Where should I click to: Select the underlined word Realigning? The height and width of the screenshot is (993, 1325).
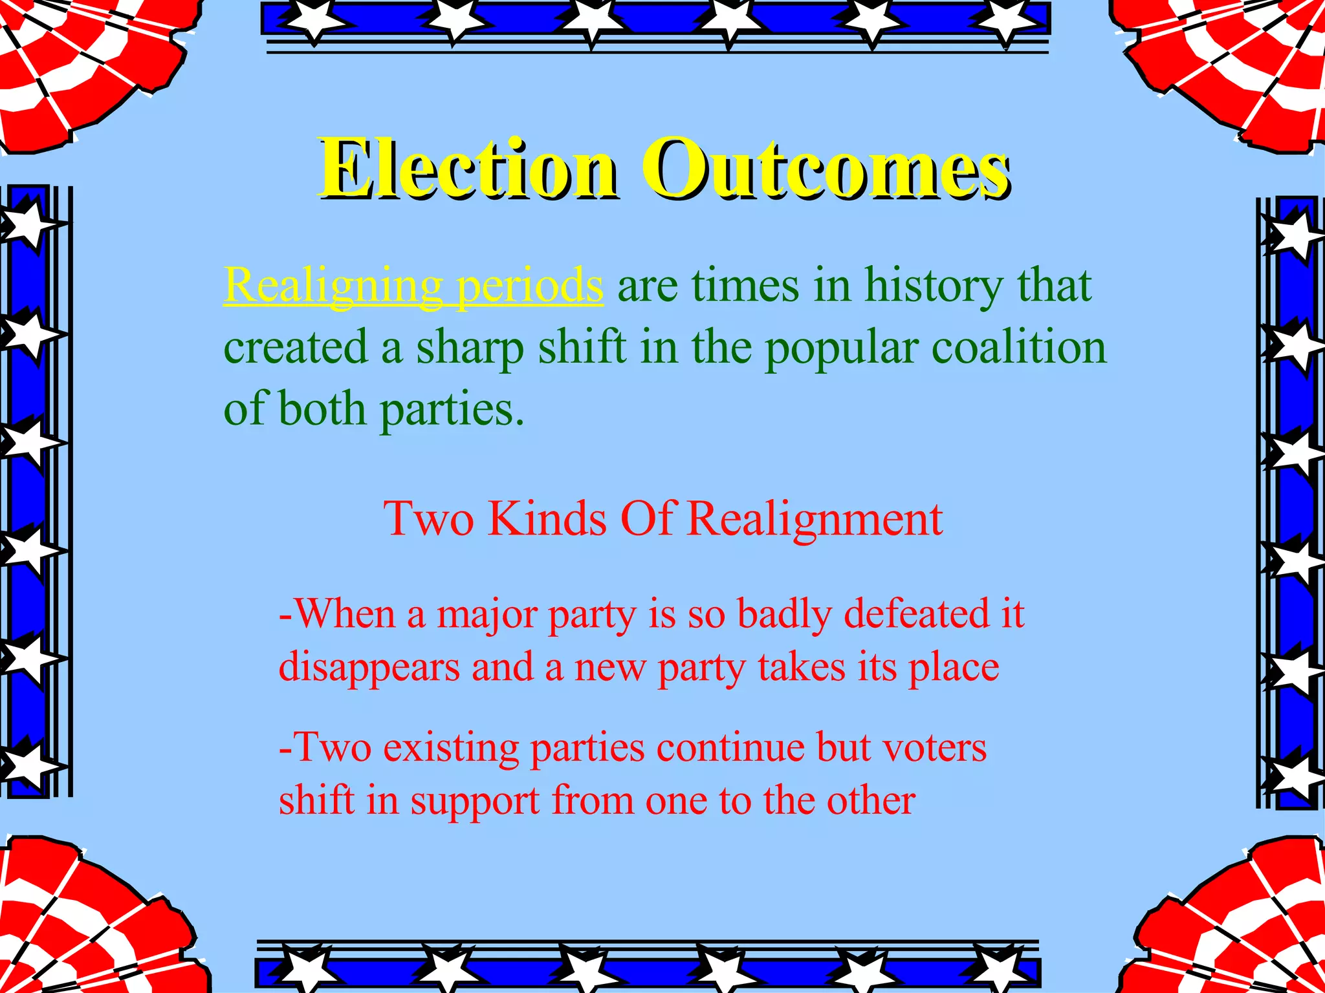pyautogui.click(x=333, y=285)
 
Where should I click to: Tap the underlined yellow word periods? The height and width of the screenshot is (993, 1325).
pyautogui.click(x=529, y=285)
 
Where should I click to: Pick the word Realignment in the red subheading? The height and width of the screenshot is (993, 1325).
pyautogui.click(x=814, y=519)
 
